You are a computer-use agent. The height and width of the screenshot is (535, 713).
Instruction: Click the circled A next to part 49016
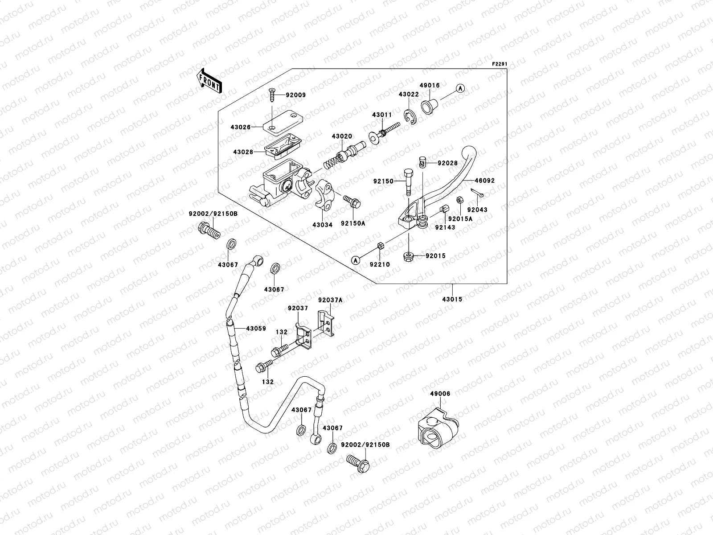[460, 89]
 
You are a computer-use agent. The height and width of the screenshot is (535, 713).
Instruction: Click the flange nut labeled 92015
[408, 256]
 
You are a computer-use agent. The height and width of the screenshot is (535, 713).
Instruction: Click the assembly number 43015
[453, 299]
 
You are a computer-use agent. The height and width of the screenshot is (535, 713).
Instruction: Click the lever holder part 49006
[437, 429]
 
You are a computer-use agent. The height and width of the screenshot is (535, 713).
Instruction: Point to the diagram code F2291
[500, 64]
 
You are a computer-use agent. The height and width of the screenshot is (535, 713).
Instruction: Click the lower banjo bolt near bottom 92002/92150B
[358, 464]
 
